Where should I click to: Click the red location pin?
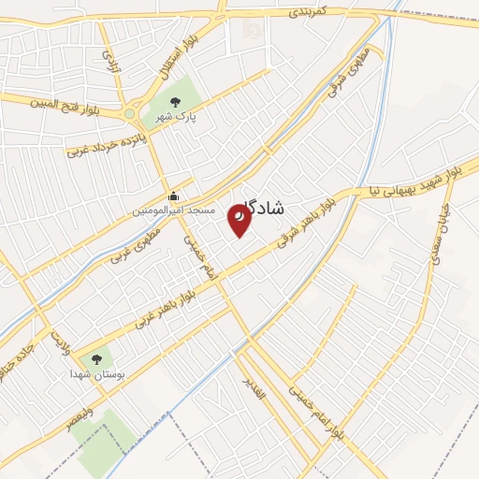click(x=240, y=220)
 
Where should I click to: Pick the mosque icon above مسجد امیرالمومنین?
click(x=174, y=196)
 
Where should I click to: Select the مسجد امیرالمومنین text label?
click(x=173, y=211)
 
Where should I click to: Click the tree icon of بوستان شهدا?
click(x=96, y=359)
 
